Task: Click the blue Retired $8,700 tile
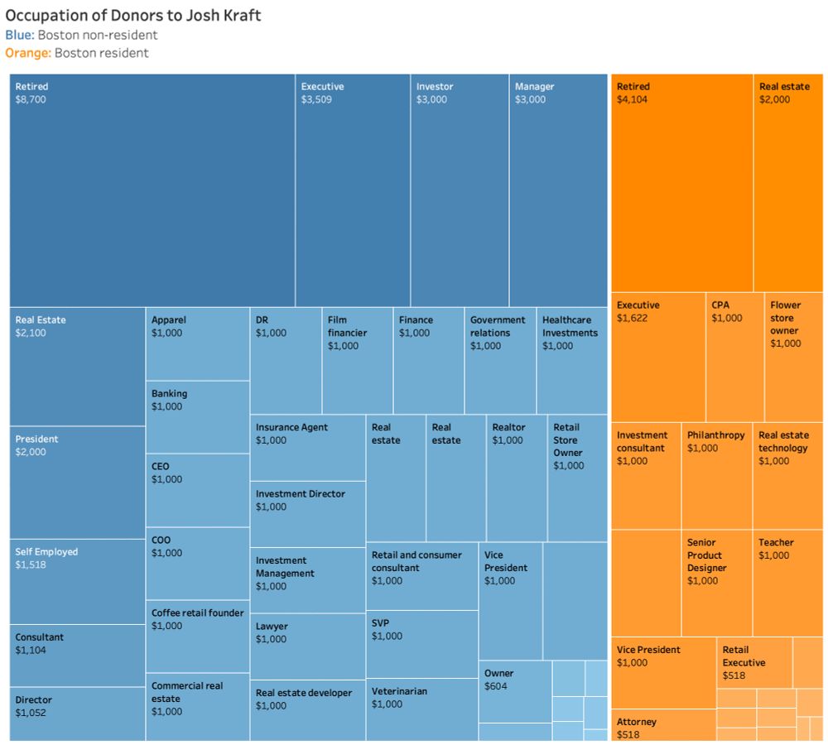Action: tap(152, 190)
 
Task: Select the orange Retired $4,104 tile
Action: tap(681, 182)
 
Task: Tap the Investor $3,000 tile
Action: tap(460, 190)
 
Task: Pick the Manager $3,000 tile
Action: tap(558, 190)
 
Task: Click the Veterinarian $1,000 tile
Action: tap(421, 709)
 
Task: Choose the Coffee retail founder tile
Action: tap(197, 636)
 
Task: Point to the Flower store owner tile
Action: tap(793, 356)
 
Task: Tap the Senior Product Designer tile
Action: tap(716, 583)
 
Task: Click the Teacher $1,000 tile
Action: tap(787, 583)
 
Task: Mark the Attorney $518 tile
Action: tap(662, 725)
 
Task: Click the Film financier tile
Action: tap(357, 360)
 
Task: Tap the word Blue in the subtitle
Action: tap(19, 35)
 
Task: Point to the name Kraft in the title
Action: tap(240, 16)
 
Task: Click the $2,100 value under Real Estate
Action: tap(32, 333)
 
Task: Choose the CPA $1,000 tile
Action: tap(734, 356)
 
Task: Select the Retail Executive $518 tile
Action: tap(753, 662)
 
